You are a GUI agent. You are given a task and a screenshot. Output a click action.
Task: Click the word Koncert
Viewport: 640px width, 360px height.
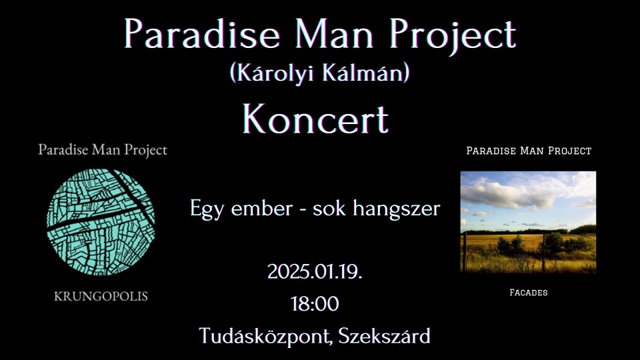click(x=315, y=119)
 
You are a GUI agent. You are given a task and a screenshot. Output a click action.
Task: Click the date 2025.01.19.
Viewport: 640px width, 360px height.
click(x=315, y=271)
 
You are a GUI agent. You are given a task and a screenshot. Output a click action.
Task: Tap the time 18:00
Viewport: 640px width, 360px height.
click(x=315, y=304)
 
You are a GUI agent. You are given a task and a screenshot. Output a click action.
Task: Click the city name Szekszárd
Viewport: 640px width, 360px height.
click(x=384, y=336)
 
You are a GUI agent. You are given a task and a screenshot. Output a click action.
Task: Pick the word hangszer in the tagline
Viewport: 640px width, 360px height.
click(x=396, y=209)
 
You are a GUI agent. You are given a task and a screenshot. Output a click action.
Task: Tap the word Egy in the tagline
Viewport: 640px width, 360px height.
click(x=207, y=209)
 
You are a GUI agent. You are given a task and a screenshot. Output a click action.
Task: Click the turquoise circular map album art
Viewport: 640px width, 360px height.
click(x=101, y=221)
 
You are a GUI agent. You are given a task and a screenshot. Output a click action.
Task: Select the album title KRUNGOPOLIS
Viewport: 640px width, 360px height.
click(x=101, y=296)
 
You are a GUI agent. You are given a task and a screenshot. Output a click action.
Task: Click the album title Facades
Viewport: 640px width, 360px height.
click(x=529, y=292)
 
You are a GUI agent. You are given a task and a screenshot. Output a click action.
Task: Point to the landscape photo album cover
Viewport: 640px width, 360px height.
click(x=528, y=222)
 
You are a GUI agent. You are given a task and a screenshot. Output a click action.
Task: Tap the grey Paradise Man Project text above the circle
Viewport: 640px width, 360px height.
click(x=103, y=150)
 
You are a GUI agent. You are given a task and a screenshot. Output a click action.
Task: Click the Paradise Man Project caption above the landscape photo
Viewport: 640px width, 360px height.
click(x=529, y=151)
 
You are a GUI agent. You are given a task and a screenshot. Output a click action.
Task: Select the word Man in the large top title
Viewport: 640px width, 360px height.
click(x=334, y=33)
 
